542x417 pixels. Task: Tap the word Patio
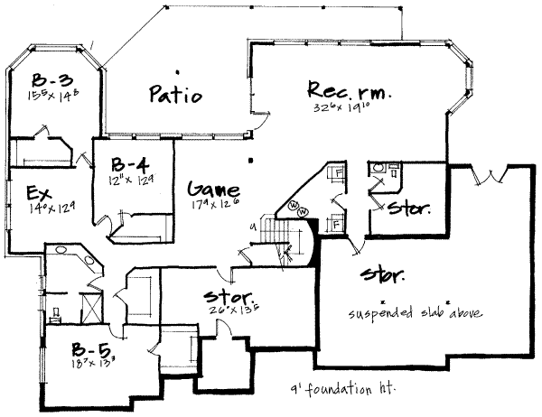coord(174,94)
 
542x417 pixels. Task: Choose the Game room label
coord(213,190)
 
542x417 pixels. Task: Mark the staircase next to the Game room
coord(276,233)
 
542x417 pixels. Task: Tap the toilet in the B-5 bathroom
coord(56,315)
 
